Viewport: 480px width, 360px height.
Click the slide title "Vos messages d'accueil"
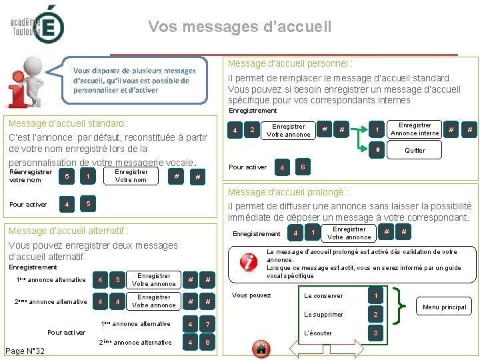click(239, 27)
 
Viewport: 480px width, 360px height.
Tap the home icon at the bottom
click(261, 347)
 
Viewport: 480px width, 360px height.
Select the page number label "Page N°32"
click(25, 351)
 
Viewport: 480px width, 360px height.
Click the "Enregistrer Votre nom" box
click(131, 175)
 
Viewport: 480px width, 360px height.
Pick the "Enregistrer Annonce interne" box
click(415, 129)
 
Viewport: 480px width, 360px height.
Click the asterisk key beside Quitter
click(378, 150)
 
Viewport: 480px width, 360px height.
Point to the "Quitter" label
click(415, 151)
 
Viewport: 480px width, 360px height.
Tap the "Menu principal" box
click(444, 307)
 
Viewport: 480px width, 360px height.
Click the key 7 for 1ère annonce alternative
click(209, 325)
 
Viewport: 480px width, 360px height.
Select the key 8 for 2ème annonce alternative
click(209, 343)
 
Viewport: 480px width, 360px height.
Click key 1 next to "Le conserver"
click(375, 295)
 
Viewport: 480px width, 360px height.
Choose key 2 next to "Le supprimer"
click(375, 314)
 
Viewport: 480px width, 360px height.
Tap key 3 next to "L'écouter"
click(375, 333)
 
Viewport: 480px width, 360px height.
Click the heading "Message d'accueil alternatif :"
click(67, 231)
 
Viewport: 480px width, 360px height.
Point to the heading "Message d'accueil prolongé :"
click(289, 192)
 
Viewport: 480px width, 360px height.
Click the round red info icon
click(249, 262)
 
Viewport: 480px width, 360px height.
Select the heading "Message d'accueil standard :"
click(67, 123)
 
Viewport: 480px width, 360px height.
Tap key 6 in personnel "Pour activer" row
click(303, 166)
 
